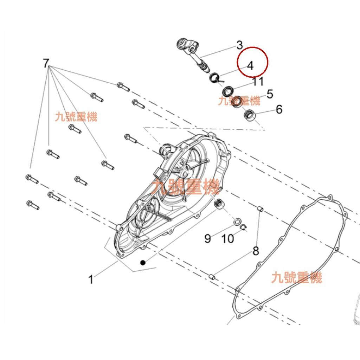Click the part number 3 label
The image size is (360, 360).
[x=239, y=45]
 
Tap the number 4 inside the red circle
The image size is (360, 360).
[x=250, y=66]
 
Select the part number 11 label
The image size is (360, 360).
[x=258, y=82]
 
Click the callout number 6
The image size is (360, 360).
[x=279, y=110]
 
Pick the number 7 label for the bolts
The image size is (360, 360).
[x=46, y=63]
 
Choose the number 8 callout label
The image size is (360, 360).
[x=256, y=251]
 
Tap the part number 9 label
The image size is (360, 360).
[x=207, y=239]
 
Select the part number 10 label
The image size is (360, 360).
[x=227, y=239]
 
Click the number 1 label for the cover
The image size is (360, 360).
[x=91, y=279]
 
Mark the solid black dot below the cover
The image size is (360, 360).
[x=143, y=262]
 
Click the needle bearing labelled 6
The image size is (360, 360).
[x=249, y=114]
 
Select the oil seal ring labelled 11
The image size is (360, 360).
[x=228, y=91]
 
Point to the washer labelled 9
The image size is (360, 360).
[x=237, y=222]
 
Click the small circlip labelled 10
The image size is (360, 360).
[x=244, y=227]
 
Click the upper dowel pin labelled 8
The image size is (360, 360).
[x=260, y=209]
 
